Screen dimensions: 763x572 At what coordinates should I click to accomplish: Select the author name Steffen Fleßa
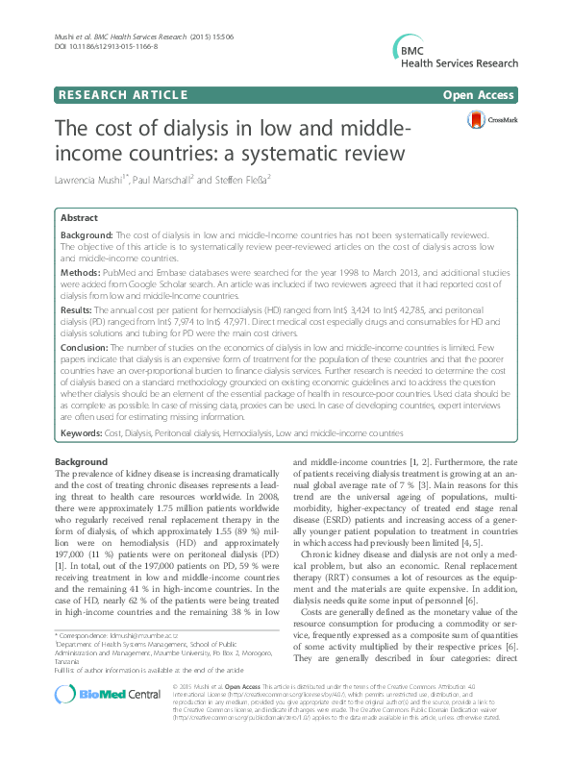click(255, 181)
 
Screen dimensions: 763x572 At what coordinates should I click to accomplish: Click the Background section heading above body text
click(82, 462)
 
